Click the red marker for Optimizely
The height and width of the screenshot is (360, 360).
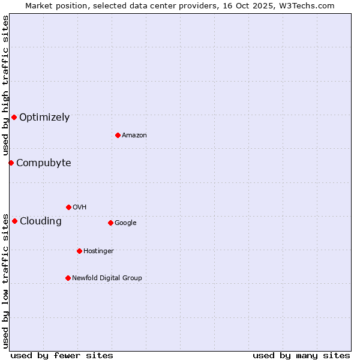14,117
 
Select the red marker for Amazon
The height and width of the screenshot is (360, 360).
118,135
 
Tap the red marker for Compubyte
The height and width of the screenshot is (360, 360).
11,163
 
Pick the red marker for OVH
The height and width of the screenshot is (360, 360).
68,207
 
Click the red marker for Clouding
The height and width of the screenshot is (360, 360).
14,221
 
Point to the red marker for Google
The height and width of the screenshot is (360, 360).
110,223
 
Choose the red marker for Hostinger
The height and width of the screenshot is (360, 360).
79,251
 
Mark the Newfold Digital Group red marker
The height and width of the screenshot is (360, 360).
68,278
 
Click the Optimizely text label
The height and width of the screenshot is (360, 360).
44,118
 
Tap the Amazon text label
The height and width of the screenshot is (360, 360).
134,136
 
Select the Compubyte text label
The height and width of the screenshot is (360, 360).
43,163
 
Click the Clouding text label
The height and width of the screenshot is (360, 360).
41,221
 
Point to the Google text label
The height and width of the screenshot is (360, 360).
125,223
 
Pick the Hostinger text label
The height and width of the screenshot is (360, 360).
98,251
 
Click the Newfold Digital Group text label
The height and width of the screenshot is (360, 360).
107,278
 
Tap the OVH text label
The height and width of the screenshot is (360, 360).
80,208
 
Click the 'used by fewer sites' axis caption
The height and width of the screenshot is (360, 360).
62,355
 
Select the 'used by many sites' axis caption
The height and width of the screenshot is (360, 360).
301,355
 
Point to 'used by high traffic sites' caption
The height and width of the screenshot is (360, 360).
5,85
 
